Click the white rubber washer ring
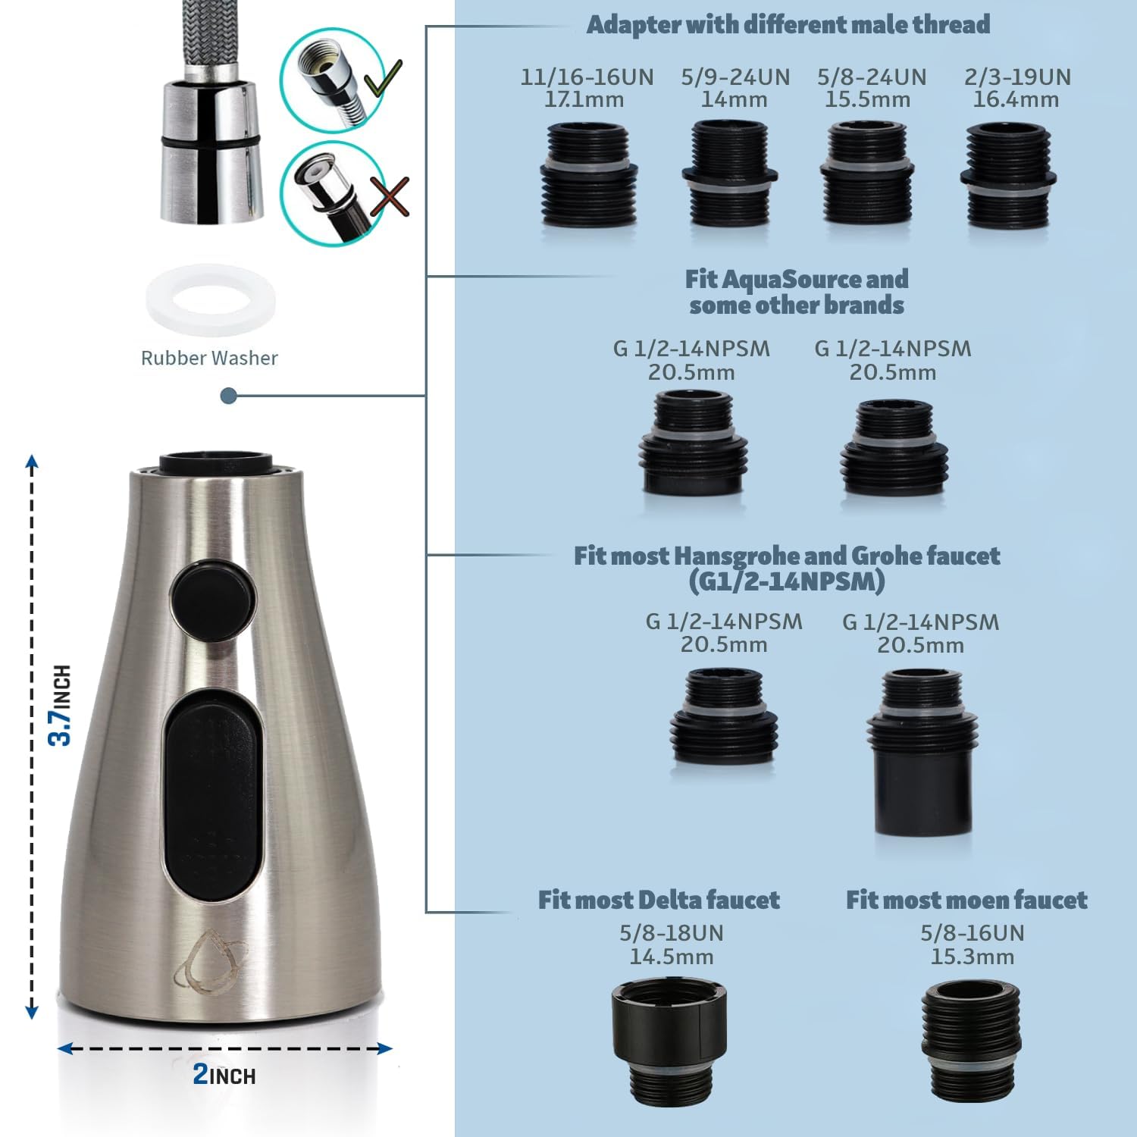click(x=210, y=300)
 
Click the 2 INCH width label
click(x=224, y=1074)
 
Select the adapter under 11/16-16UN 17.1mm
click(x=588, y=174)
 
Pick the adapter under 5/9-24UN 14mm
click(x=729, y=174)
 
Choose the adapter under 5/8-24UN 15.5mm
click(x=867, y=174)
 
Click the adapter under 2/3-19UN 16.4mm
click(x=1009, y=176)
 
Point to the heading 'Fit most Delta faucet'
click(x=659, y=900)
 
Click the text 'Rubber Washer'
click(x=209, y=358)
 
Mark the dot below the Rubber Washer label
click(x=228, y=396)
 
